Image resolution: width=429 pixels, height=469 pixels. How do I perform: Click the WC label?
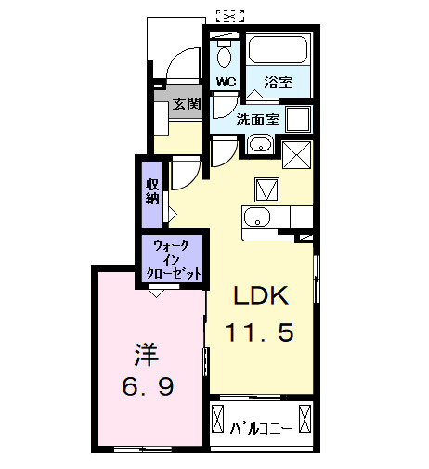(226, 82)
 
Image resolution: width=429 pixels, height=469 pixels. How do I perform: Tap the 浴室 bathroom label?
(278, 82)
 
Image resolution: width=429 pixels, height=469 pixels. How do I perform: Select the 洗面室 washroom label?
(257, 120)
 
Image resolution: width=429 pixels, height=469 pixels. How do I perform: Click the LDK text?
(262, 297)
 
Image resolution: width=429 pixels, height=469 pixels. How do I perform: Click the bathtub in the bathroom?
(279, 51)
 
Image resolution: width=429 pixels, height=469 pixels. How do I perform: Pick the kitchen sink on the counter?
(256, 218)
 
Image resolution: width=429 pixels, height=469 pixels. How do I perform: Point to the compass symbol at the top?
(229, 14)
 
